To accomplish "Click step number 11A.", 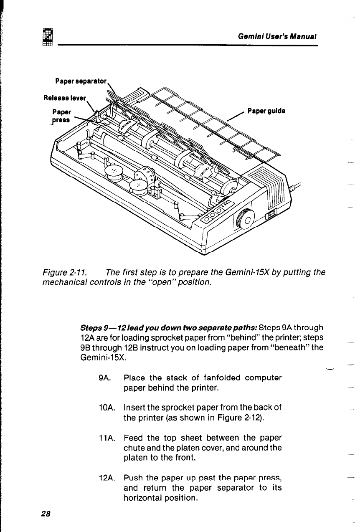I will pos(103,438).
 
